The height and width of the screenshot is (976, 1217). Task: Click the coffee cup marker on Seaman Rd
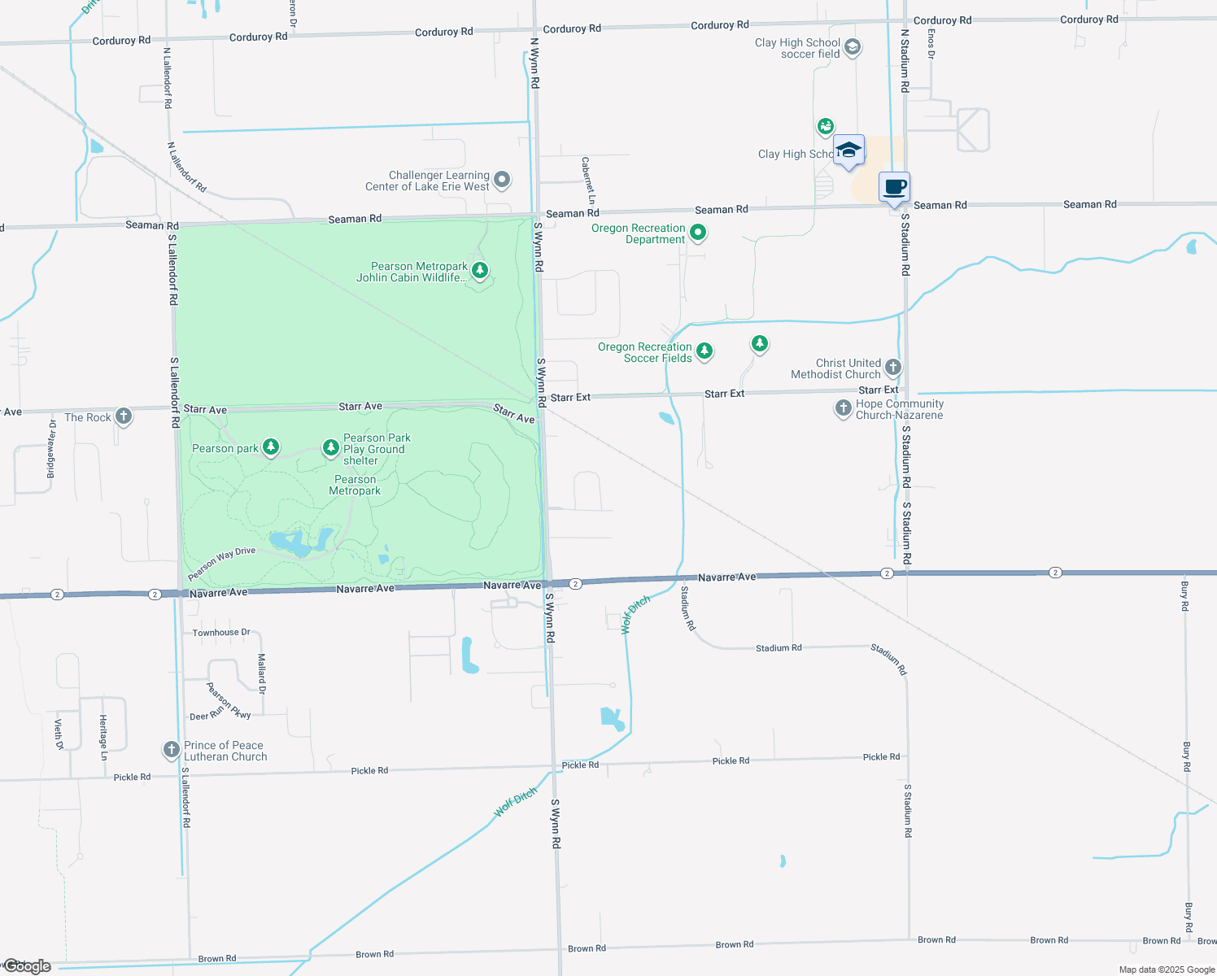(x=895, y=188)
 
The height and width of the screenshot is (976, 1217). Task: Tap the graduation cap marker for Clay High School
(x=848, y=150)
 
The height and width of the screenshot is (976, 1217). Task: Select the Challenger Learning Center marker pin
(x=503, y=179)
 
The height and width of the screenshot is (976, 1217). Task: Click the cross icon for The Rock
(x=124, y=416)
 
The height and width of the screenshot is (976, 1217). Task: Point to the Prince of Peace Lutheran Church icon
(x=171, y=749)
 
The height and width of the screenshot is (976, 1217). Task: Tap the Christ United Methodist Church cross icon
(x=893, y=367)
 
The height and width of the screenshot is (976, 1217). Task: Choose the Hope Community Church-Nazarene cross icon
(x=844, y=407)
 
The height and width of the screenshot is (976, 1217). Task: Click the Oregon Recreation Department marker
(x=698, y=233)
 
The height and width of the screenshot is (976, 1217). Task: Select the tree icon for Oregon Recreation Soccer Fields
(x=704, y=351)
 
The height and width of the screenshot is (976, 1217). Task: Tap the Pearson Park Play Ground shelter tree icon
(x=330, y=447)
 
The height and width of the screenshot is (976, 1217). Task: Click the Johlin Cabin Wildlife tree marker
(x=480, y=269)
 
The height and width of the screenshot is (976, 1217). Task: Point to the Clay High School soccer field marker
(x=853, y=47)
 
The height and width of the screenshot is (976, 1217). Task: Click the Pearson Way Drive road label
(x=221, y=563)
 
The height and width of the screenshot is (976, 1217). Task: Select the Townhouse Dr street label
(x=221, y=632)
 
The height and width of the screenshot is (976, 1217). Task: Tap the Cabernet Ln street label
(x=588, y=181)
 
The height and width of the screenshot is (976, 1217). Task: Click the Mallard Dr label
(x=262, y=673)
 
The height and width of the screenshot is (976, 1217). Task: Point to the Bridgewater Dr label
(x=51, y=449)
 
